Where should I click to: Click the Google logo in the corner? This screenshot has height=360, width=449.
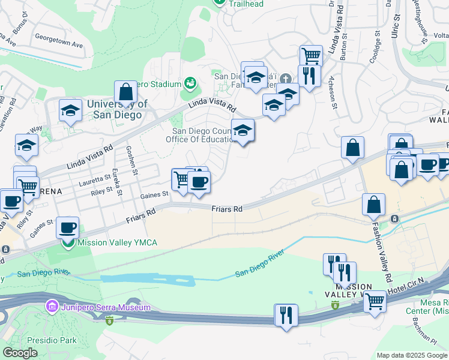click(19, 353)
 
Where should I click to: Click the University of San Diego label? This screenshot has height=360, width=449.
click(117, 109)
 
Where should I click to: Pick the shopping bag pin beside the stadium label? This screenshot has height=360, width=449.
click(126, 92)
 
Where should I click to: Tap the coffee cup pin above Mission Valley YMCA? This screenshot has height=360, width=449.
click(67, 227)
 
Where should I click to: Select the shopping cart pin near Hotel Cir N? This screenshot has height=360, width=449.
click(375, 301)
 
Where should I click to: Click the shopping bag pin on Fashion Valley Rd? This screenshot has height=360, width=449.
click(373, 205)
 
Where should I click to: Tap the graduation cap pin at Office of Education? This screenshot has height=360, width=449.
click(243, 130)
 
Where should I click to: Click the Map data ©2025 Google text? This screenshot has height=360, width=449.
click(412, 355)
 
